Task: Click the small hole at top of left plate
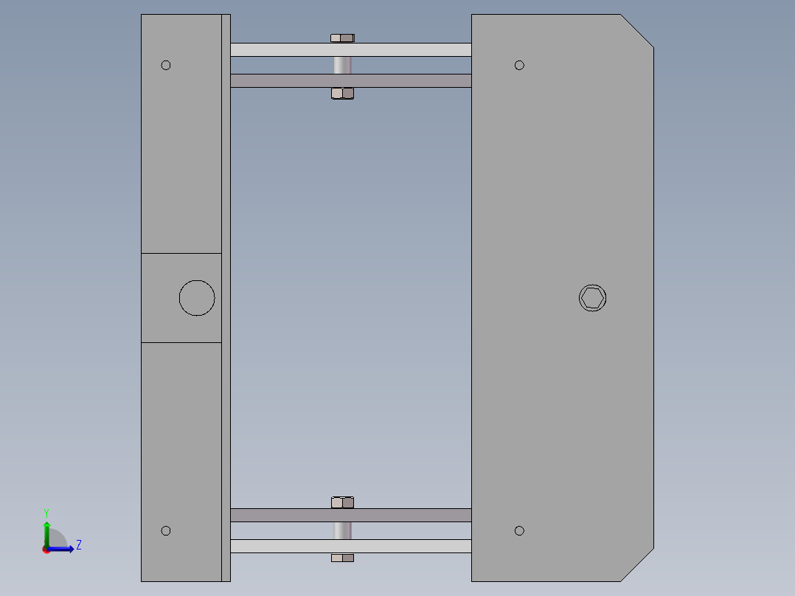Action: point(166,65)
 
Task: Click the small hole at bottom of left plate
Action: point(166,530)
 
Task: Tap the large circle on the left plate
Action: point(197,298)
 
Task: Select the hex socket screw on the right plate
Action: point(592,298)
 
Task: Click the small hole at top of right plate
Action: point(519,65)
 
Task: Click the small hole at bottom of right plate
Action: point(519,530)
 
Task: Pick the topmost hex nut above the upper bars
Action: point(342,38)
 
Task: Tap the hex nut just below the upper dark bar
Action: point(342,93)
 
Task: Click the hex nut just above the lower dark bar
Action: point(342,502)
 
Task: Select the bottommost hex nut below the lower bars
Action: point(342,558)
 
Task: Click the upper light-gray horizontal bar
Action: point(413,49)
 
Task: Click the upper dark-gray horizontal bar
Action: point(413,80)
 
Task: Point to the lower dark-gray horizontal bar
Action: point(413,515)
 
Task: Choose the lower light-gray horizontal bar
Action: point(413,546)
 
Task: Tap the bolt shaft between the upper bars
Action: point(342,65)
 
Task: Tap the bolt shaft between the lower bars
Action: point(342,530)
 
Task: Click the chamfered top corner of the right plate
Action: point(636,31)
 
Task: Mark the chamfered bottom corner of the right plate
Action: point(636,565)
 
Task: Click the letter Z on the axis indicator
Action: point(78,545)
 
